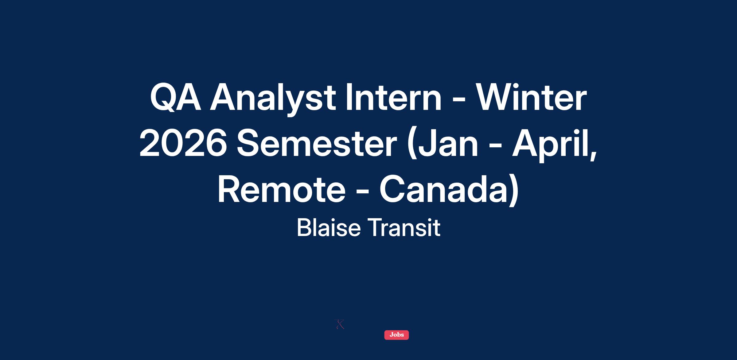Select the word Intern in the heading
click(x=393, y=97)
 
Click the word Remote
click(x=282, y=190)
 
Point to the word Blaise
click(x=329, y=228)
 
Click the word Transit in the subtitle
click(x=404, y=228)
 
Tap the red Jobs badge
click(x=396, y=335)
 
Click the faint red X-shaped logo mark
click(x=339, y=324)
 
